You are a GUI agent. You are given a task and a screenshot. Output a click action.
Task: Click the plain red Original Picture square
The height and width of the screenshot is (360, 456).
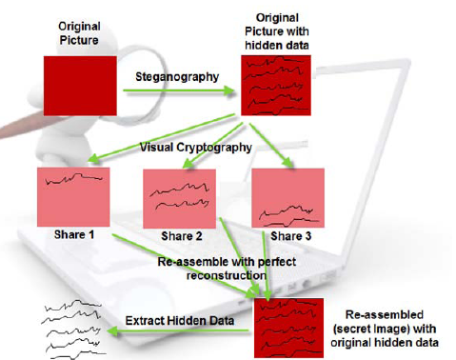pos(80,83)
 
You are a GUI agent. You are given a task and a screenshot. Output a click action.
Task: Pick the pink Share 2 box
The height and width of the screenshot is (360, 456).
pos(178,198)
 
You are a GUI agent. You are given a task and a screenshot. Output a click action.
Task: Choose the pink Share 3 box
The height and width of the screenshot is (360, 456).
pos(287,198)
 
